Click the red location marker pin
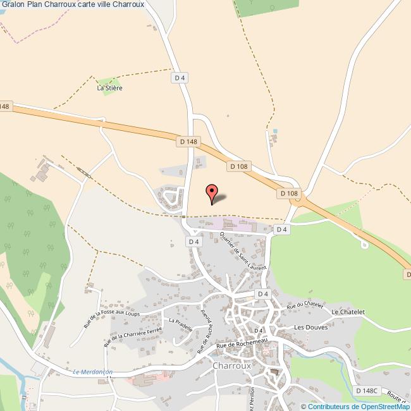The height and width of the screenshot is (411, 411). [212, 192]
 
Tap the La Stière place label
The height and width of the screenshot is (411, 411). [109, 89]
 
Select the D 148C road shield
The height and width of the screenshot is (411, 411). [365, 392]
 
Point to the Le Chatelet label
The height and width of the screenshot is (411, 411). [348, 312]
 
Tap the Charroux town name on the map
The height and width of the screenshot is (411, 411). [234, 365]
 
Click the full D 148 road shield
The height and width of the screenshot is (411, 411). [189, 142]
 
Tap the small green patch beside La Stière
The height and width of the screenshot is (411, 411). [107, 81]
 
